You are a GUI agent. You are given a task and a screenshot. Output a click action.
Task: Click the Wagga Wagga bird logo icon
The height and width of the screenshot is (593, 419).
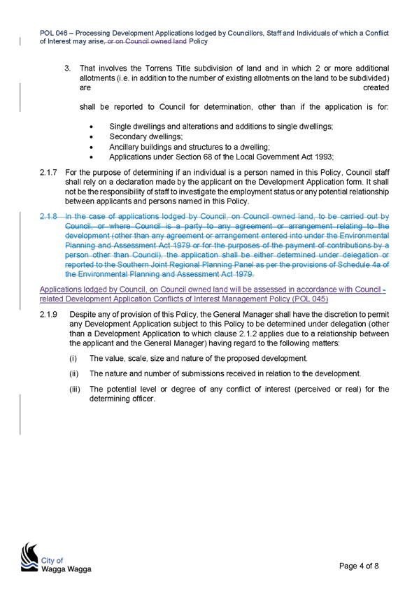tap(29, 557)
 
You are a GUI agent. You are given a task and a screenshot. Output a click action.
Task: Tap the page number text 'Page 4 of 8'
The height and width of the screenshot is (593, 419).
tap(359, 566)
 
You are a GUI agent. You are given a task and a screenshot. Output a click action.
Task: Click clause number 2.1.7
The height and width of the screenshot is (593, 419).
tap(48, 173)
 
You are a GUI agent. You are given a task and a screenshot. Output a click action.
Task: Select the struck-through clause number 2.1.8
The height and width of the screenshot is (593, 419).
tap(48, 216)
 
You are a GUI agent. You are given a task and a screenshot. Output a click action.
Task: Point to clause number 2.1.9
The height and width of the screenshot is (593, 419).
tap(48, 314)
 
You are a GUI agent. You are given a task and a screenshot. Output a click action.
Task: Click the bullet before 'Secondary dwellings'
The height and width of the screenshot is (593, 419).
tap(92, 137)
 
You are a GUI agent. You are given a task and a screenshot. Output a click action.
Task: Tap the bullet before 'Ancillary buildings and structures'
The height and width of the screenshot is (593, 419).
tap(92, 148)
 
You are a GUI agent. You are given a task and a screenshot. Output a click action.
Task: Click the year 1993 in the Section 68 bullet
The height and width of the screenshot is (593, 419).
tap(325, 157)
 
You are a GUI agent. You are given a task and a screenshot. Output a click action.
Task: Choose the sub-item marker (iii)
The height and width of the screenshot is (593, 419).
tap(75, 389)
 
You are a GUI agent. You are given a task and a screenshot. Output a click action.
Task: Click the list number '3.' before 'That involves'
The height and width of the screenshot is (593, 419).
tap(68, 69)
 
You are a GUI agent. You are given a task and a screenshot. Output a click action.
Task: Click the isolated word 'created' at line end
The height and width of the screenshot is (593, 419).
tap(376, 87)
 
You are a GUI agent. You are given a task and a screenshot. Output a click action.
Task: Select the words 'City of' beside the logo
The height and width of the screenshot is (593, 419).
tap(52, 560)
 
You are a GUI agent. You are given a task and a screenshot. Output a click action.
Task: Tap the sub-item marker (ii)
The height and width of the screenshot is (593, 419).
tap(73, 373)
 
